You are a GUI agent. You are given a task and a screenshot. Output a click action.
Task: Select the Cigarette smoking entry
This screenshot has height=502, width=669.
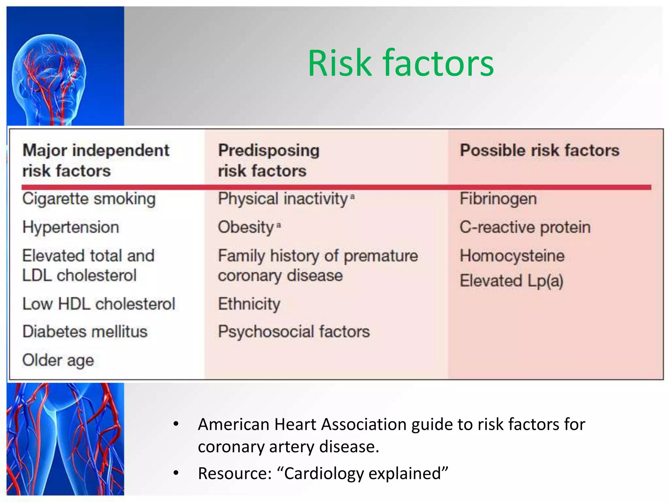[x=89, y=199]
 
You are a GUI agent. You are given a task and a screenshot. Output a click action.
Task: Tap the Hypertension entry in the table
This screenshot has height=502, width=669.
[x=71, y=227]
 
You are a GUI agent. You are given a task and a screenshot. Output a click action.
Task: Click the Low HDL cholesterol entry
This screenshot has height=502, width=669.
[x=99, y=304]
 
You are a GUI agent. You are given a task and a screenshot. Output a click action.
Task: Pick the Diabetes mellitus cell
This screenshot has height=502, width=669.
[x=85, y=332]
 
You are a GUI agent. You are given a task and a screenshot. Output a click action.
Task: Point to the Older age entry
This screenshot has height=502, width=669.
[x=58, y=360]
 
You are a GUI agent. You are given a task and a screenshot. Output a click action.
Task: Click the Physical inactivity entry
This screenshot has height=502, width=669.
[x=283, y=199]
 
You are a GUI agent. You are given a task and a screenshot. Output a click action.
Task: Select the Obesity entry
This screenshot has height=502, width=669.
[x=246, y=227]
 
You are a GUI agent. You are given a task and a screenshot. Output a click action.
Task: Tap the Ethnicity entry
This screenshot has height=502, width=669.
[x=249, y=304]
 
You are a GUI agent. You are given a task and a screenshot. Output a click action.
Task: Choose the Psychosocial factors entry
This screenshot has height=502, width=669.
[x=294, y=332]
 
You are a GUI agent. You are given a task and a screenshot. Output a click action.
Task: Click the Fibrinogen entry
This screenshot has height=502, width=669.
[x=498, y=199]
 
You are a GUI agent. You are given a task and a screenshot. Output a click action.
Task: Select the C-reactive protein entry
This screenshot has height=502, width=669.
[x=525, y=227]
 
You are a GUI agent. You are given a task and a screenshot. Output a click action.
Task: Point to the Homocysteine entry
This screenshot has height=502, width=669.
[x=512, y=256]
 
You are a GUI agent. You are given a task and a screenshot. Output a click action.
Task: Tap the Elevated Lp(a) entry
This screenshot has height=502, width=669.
[x=511, y=281]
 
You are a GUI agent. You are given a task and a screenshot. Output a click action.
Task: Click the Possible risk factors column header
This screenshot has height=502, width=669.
[x=539, y=150]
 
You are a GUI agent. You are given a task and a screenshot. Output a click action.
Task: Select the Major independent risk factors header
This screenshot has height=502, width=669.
[x=95, y=160]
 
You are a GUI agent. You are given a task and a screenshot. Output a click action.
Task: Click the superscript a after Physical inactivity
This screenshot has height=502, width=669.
[x=352, y=196]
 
